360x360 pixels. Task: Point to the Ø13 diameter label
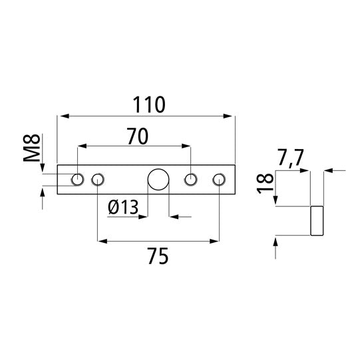pyautogui.click(x=122, y=208)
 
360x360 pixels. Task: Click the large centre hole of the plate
pyautogui.click(x=158, y=179)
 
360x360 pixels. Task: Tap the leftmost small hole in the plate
pyautogui.click(x=78, y=179)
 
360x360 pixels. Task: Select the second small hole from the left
pyautogui.click(x=98, y=179)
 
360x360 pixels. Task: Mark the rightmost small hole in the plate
pyautogui.click(x=219, y=179)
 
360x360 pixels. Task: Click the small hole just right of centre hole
pyautogui.click(x=191, y=179)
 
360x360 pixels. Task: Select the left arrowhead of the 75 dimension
pyautogui.click(x=102, y=240)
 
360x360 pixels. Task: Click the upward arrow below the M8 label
pyautogui.click(x=43, y=193)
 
